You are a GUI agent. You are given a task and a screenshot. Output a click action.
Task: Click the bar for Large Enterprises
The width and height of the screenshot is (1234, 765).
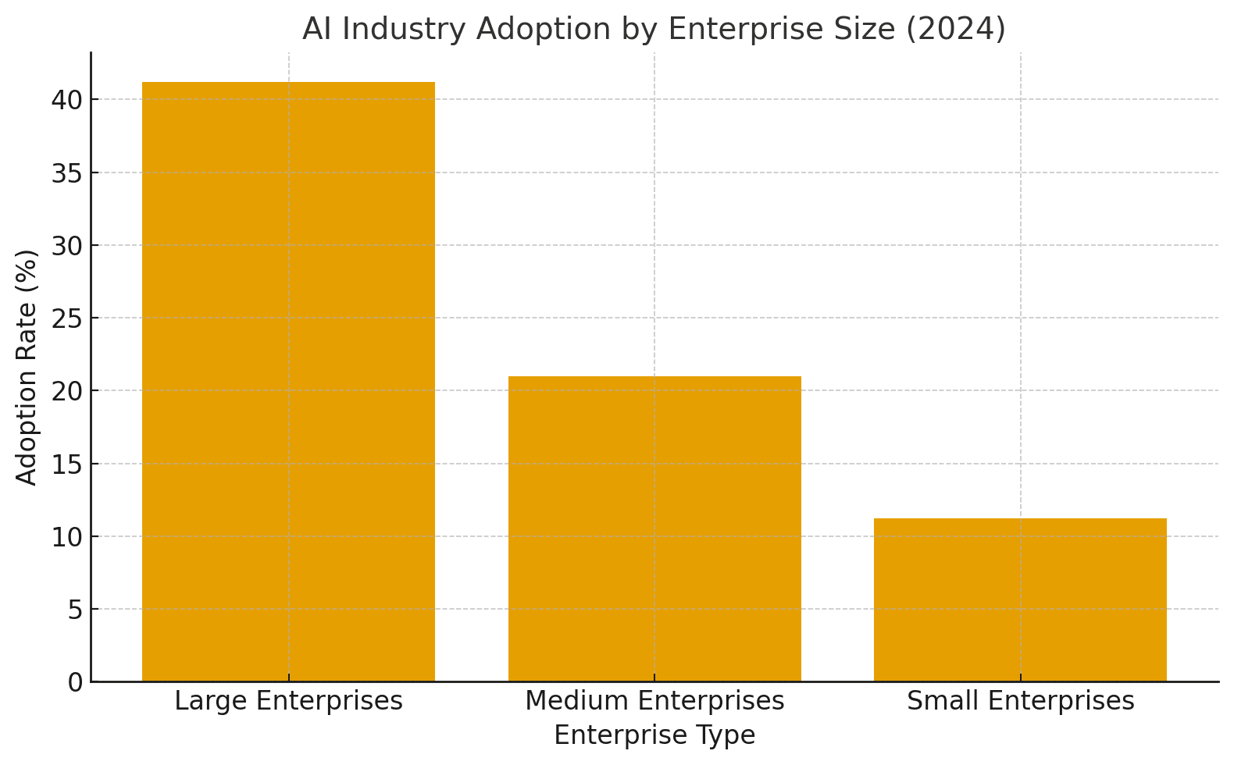point(288,382)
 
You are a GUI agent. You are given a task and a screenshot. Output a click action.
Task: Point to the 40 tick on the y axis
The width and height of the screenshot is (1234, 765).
point(66,100)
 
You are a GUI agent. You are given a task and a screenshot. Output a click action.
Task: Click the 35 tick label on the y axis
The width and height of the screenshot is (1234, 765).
point(66,173)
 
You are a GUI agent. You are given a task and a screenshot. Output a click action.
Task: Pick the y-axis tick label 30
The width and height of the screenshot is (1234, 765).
point(66,245)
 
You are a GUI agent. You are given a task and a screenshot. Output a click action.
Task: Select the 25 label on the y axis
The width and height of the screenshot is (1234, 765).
point(66,318)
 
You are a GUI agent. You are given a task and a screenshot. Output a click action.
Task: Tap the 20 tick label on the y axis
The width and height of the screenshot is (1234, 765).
point(66,391)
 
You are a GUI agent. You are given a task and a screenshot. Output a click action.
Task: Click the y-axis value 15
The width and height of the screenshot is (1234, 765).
point(66,464)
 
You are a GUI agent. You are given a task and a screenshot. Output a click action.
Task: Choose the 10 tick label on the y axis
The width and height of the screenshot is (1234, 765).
point(66,536)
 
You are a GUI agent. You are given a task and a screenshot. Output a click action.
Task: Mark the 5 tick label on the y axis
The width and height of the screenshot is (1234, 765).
point(74,610)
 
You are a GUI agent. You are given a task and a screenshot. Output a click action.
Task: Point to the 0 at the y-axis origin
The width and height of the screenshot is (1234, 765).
point(74,682)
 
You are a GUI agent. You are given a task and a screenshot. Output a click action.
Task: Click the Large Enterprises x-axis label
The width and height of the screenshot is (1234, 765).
point(288,701)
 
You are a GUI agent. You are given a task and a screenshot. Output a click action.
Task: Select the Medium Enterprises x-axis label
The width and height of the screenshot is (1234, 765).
point(654,701)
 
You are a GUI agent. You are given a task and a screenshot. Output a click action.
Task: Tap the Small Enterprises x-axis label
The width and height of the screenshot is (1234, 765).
point(1020,701)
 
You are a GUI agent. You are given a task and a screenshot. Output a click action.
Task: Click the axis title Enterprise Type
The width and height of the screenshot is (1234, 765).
point(654,735)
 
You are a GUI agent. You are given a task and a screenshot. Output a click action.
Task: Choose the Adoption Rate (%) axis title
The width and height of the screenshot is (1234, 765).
point(27,367)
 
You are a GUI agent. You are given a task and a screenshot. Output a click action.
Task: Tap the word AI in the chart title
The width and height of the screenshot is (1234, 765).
point(318,29)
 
